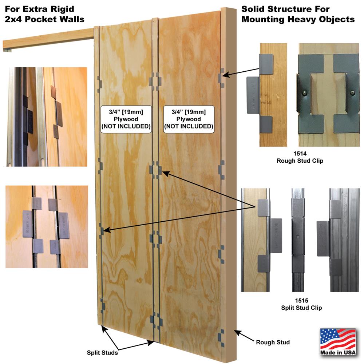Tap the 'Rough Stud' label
[x=273, y=342]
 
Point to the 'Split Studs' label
[x=102, y=352]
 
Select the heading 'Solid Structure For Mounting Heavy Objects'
[x=298, y=14]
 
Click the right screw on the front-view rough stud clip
[x=352, y=93]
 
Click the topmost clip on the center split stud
[x=155, y=80]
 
